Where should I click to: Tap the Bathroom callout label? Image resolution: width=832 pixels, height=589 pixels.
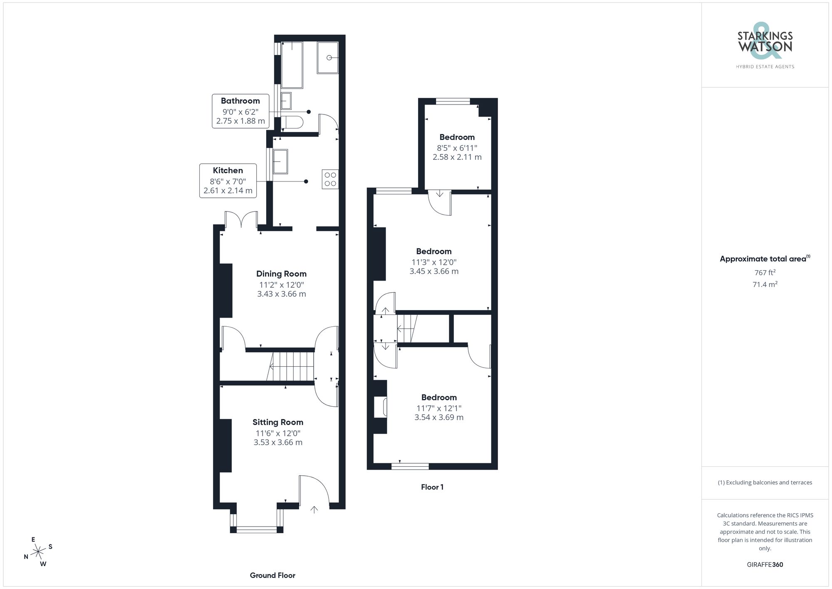point(240,111)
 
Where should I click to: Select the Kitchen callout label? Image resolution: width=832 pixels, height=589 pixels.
point(228,180)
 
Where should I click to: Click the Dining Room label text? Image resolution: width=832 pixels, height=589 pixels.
point(281,274)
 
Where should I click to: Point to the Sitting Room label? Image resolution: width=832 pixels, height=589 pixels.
point(277,422)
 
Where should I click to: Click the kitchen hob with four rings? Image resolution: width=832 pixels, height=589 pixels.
point(330,179)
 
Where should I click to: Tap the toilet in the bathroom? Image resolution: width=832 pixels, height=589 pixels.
point(292,122)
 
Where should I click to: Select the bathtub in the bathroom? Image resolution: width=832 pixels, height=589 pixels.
point(292,65)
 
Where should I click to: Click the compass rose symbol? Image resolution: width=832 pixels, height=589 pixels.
point(38,552)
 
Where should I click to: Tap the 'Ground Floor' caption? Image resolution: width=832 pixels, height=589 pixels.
point(272,575)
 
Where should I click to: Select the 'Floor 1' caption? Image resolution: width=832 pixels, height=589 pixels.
point(432,487)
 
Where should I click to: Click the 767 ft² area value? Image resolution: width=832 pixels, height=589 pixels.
point(765,273)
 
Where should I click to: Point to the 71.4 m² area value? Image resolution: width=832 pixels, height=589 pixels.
point(765,285)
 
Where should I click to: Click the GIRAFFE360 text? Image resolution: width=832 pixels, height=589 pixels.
point(765,564)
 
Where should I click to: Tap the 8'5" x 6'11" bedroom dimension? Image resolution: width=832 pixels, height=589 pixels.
point(457,148)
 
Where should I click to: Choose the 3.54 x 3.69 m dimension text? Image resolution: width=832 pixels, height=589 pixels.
point(438,417)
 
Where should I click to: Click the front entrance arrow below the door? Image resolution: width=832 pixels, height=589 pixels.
point(314,509)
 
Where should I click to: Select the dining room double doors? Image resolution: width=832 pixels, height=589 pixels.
point(241,220)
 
